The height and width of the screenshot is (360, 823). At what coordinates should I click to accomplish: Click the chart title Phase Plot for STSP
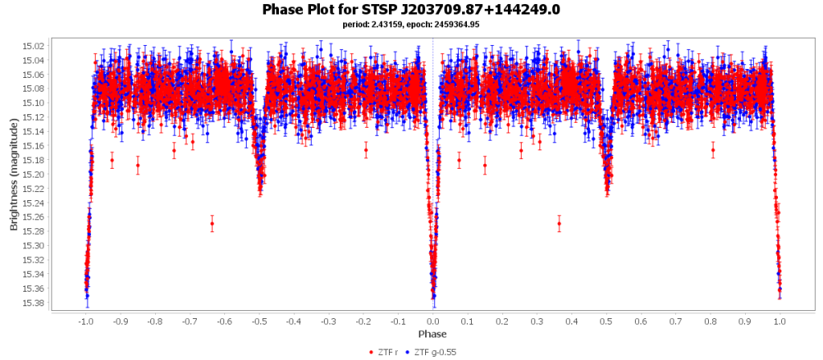[411, 10]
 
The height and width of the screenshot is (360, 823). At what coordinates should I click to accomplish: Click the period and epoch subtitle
[411, 25]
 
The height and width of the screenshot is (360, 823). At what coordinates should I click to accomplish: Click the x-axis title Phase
[432, 334]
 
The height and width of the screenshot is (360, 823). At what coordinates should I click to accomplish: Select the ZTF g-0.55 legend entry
[435, 352]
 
